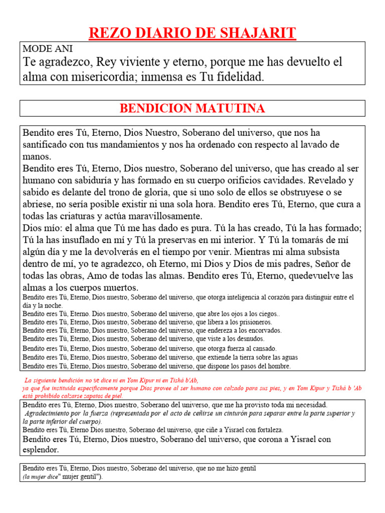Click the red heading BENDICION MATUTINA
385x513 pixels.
tap(192, 108)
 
